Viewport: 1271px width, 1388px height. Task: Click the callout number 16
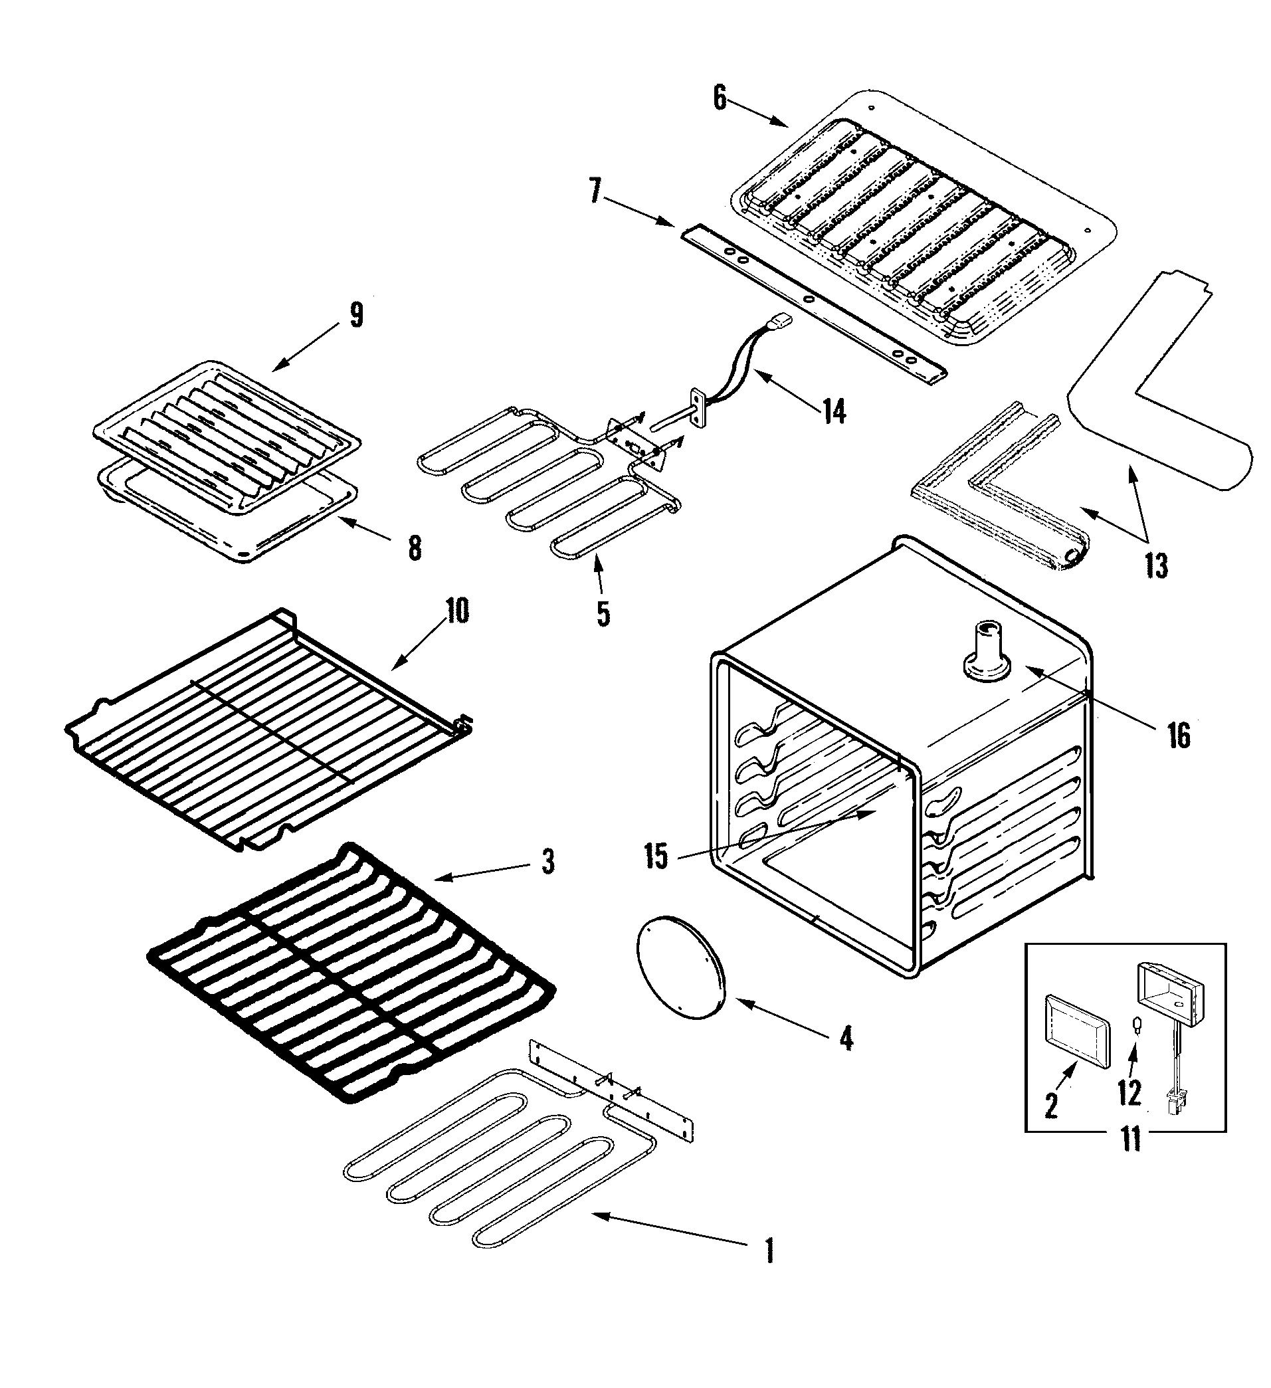(1178, 736)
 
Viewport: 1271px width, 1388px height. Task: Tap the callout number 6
(720, 98)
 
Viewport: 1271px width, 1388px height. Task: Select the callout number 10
(457, 611)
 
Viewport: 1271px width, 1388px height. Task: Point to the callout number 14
(834, 412)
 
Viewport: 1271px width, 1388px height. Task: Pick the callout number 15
(656, 856)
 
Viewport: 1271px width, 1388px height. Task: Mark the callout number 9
(355, 316)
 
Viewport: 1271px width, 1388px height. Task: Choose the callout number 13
(1156, 566)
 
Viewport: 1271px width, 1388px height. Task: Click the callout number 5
(603, 613)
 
